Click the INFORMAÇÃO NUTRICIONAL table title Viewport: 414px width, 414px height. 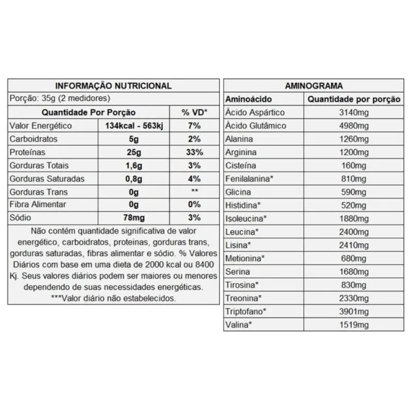point(113,86)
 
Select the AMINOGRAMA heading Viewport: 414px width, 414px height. point(314,86)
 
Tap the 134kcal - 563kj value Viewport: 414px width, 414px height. point(134,126)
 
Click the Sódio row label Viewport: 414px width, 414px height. point(21,217)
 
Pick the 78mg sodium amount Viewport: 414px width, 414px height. point(134,217)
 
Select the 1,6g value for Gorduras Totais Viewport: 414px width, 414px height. point(134,166)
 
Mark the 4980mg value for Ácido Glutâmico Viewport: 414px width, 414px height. point(354,126)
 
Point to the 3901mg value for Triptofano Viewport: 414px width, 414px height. point(354,312)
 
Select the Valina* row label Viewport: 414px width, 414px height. point(239,325)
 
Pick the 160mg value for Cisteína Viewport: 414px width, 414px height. point(354,166)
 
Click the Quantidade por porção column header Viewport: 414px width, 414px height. point(354,99)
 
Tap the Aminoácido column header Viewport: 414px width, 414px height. point(249,99)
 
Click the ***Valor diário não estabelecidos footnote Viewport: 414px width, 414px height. point(113,299)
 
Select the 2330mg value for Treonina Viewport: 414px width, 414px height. point(354,298)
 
